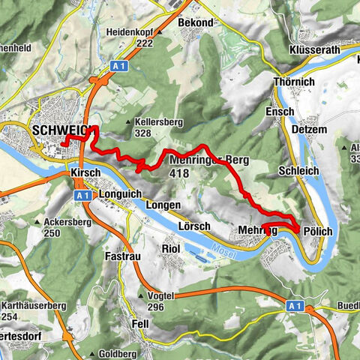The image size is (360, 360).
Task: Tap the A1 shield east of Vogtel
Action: pyautogui.click(x=295, y=306)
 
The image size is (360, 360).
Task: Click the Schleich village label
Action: pyautogui.click(x=299, y=171)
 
